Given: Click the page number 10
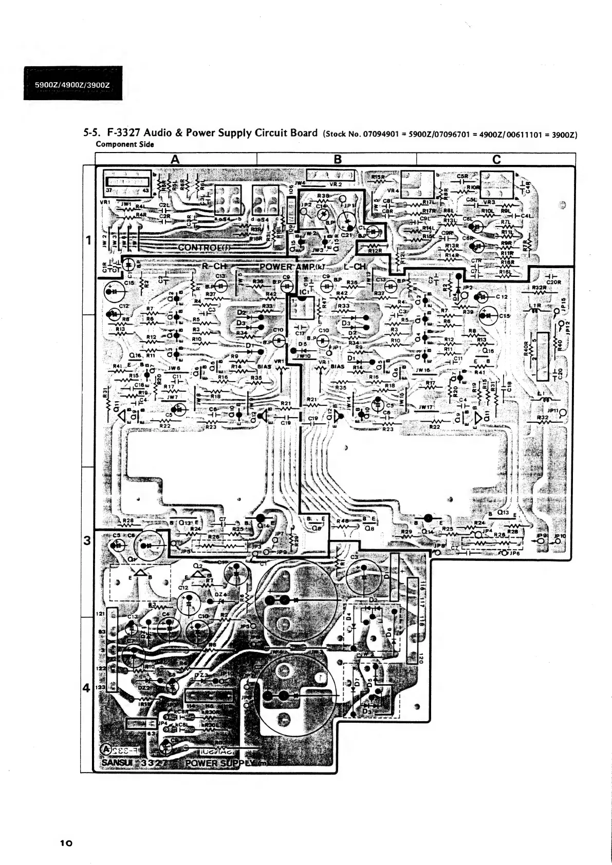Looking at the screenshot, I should (x=67, y=843).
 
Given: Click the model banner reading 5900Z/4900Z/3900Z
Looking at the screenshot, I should (x=73, y=84).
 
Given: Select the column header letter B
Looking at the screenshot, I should (x=338, y=159).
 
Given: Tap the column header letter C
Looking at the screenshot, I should (x=496, y=159).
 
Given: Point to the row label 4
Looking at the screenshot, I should (x=87, y=689).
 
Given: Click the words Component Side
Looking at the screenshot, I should (x=125, y=144).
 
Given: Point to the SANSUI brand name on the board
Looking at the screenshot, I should (x=117, y=763).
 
